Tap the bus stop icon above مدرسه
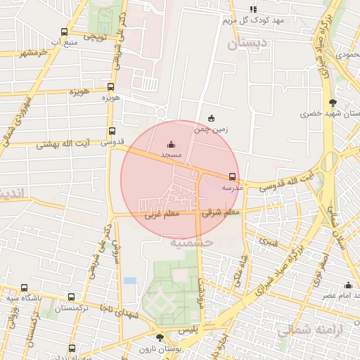232,176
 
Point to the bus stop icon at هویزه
110,87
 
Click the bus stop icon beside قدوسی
112,131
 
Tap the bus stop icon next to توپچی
64,32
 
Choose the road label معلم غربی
162,214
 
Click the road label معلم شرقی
221,211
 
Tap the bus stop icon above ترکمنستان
70,297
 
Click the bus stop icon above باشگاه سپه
24,288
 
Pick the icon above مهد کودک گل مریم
253,10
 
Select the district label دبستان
247,44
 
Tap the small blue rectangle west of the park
130,281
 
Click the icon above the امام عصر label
348,285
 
